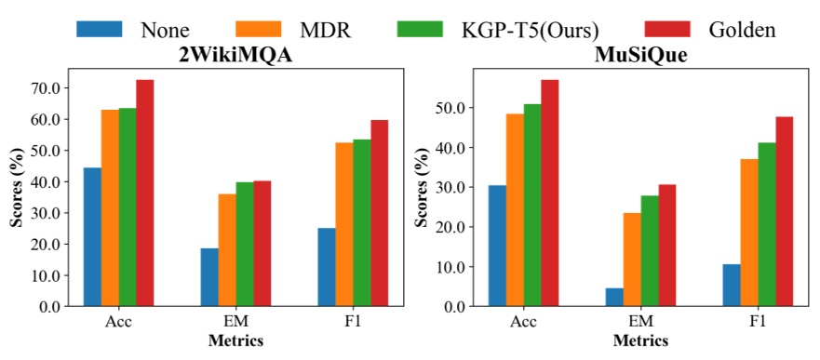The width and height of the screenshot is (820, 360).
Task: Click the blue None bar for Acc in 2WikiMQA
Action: tap(92, 237)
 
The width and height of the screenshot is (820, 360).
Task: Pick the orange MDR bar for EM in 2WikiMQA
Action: tap(227, 249)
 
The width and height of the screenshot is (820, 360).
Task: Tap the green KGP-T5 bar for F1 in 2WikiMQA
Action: tap(361, 222)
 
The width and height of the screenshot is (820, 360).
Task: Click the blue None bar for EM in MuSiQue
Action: tap(589, 297)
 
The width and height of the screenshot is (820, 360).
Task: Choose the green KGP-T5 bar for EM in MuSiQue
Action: tap(650, 250)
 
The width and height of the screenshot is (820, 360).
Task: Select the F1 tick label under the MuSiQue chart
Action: tap(757, 321)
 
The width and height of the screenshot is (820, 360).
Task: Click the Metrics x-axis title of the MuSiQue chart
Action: tap(640, 340)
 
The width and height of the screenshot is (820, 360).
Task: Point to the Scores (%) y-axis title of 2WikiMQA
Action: tap(16, 191)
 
